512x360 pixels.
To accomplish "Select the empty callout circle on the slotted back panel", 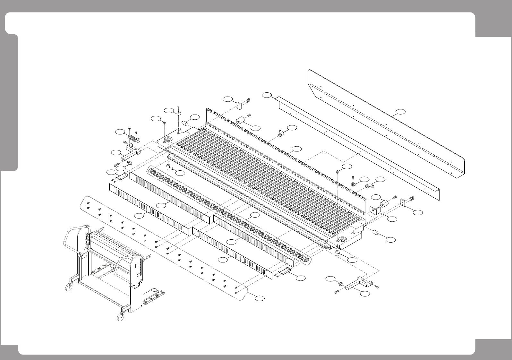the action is click(x=400, y=112).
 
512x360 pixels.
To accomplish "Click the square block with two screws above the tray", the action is click(x=239, y=105).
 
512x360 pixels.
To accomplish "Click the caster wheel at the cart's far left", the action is click(x=69, y=287).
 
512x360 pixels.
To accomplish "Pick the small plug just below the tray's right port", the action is click(x=337, y=253).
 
